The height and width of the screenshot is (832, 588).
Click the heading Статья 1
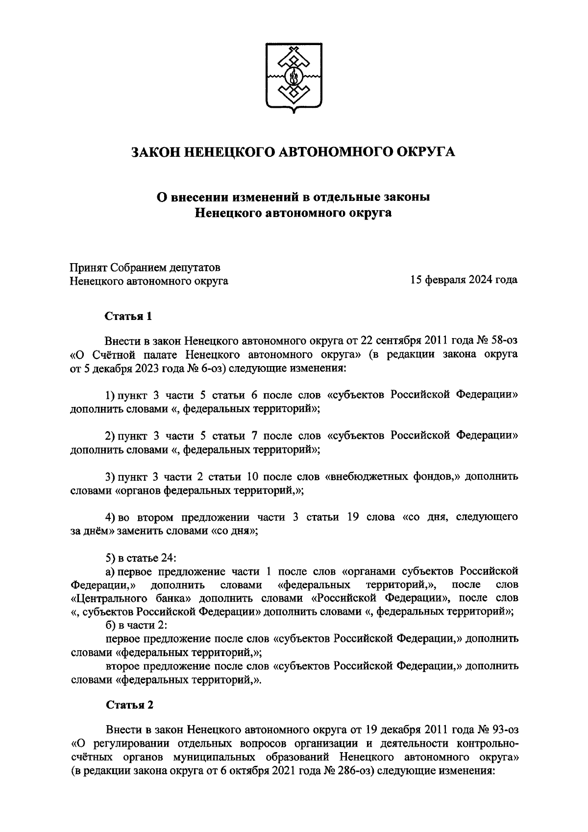(x=128, y=316)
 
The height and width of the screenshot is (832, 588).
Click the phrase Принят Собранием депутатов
(x=145, y=268)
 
